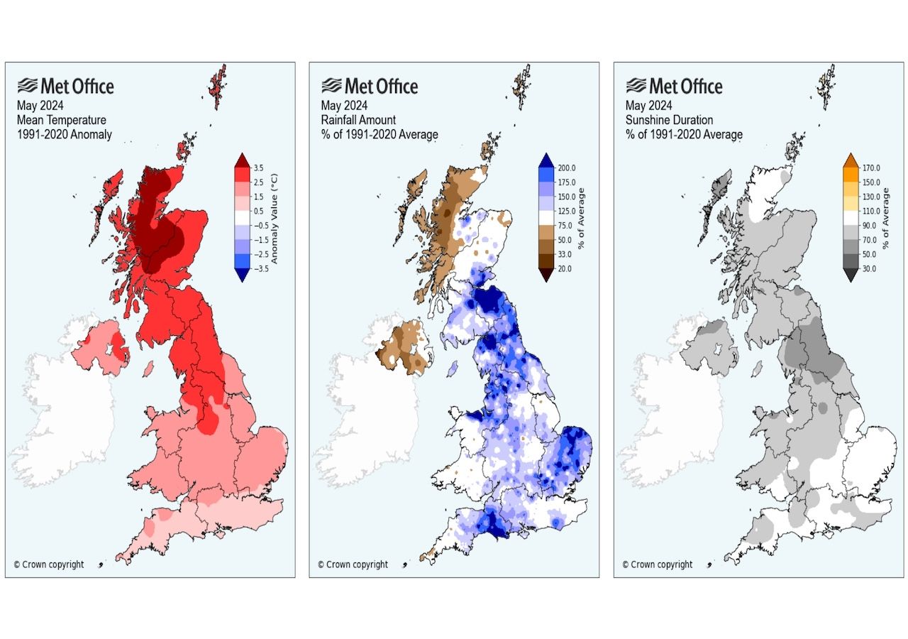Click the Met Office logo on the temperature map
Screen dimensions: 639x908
[x=66, y=87]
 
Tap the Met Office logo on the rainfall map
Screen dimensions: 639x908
[x=370, y=87]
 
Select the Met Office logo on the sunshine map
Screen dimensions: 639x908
[x=675, y=87]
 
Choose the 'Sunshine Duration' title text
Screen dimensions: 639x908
[x=669, y=120]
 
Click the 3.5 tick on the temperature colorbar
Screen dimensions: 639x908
[x=258, y=168]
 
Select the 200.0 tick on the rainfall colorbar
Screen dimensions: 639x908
[x=565, y=168]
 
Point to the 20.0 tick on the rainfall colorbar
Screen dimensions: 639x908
[x=563, y=268]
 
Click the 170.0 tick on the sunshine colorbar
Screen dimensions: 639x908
[x=870, y=168]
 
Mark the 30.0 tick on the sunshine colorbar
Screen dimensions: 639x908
[x=868, y=268]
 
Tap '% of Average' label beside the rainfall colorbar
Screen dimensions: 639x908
[x=580, y=218]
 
